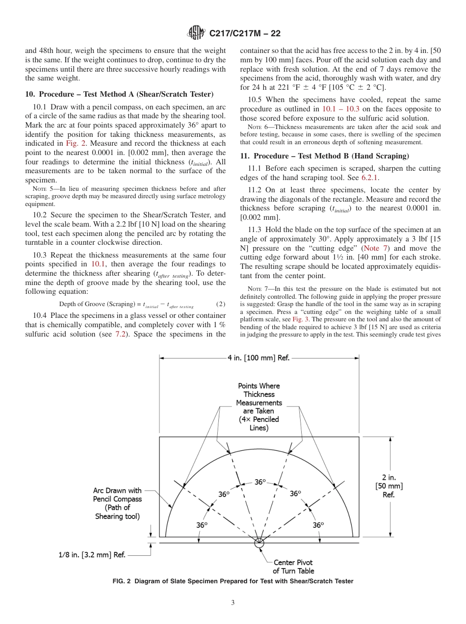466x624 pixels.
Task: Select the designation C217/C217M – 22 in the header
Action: point(245,34)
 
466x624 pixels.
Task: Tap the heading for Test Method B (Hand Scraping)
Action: point(330,156)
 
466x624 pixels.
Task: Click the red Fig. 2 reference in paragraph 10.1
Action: point(75,143)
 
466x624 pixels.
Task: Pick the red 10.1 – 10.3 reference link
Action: point(341,108)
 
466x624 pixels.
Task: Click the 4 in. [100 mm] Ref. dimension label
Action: point(259,358)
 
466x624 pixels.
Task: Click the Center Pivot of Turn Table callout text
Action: point(293,567)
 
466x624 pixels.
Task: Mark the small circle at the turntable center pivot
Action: point(259,542)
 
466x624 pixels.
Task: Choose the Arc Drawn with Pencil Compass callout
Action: point(118,503)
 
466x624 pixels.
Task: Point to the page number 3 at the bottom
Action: point(233,602)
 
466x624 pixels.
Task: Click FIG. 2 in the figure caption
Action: point(123,581)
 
